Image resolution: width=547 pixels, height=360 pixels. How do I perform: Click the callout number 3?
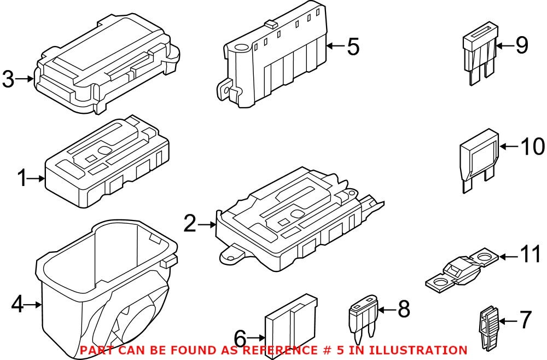[8, 79]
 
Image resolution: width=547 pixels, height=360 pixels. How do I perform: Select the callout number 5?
[353, 47]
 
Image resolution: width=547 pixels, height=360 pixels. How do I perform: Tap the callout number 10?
[532, 146]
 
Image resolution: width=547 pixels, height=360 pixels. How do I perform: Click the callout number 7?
[525, 320]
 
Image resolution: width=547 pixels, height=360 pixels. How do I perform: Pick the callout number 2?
[190, 224]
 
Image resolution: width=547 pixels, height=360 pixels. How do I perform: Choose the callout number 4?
[18, 304]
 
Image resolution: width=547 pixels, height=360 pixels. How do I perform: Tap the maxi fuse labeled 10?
[479, 161]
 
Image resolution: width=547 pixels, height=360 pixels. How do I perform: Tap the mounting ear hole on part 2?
[232, 253]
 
